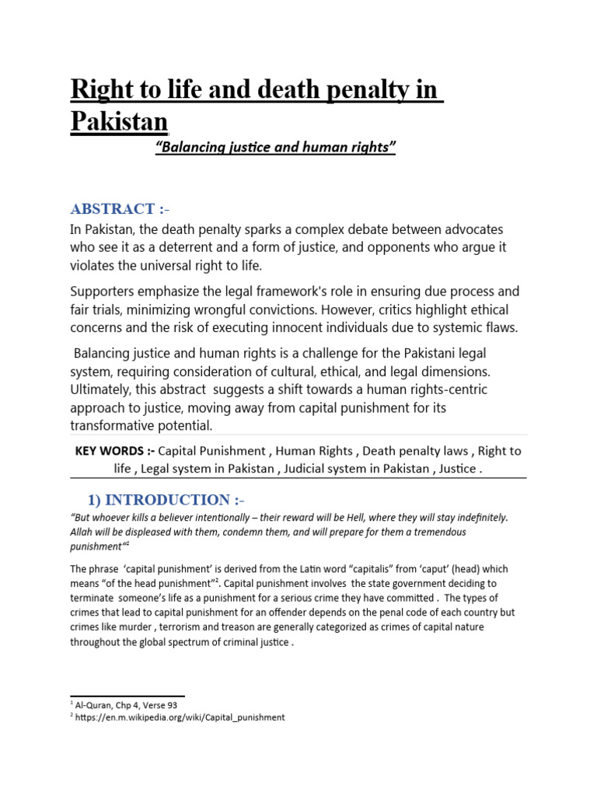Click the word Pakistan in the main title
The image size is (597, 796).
pyautogui.click(x=119, y=122)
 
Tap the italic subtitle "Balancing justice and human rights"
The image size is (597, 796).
pyautogui.click(x=276, y=148)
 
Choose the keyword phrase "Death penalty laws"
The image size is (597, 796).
pyautogui.click(x=415, y=451)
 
